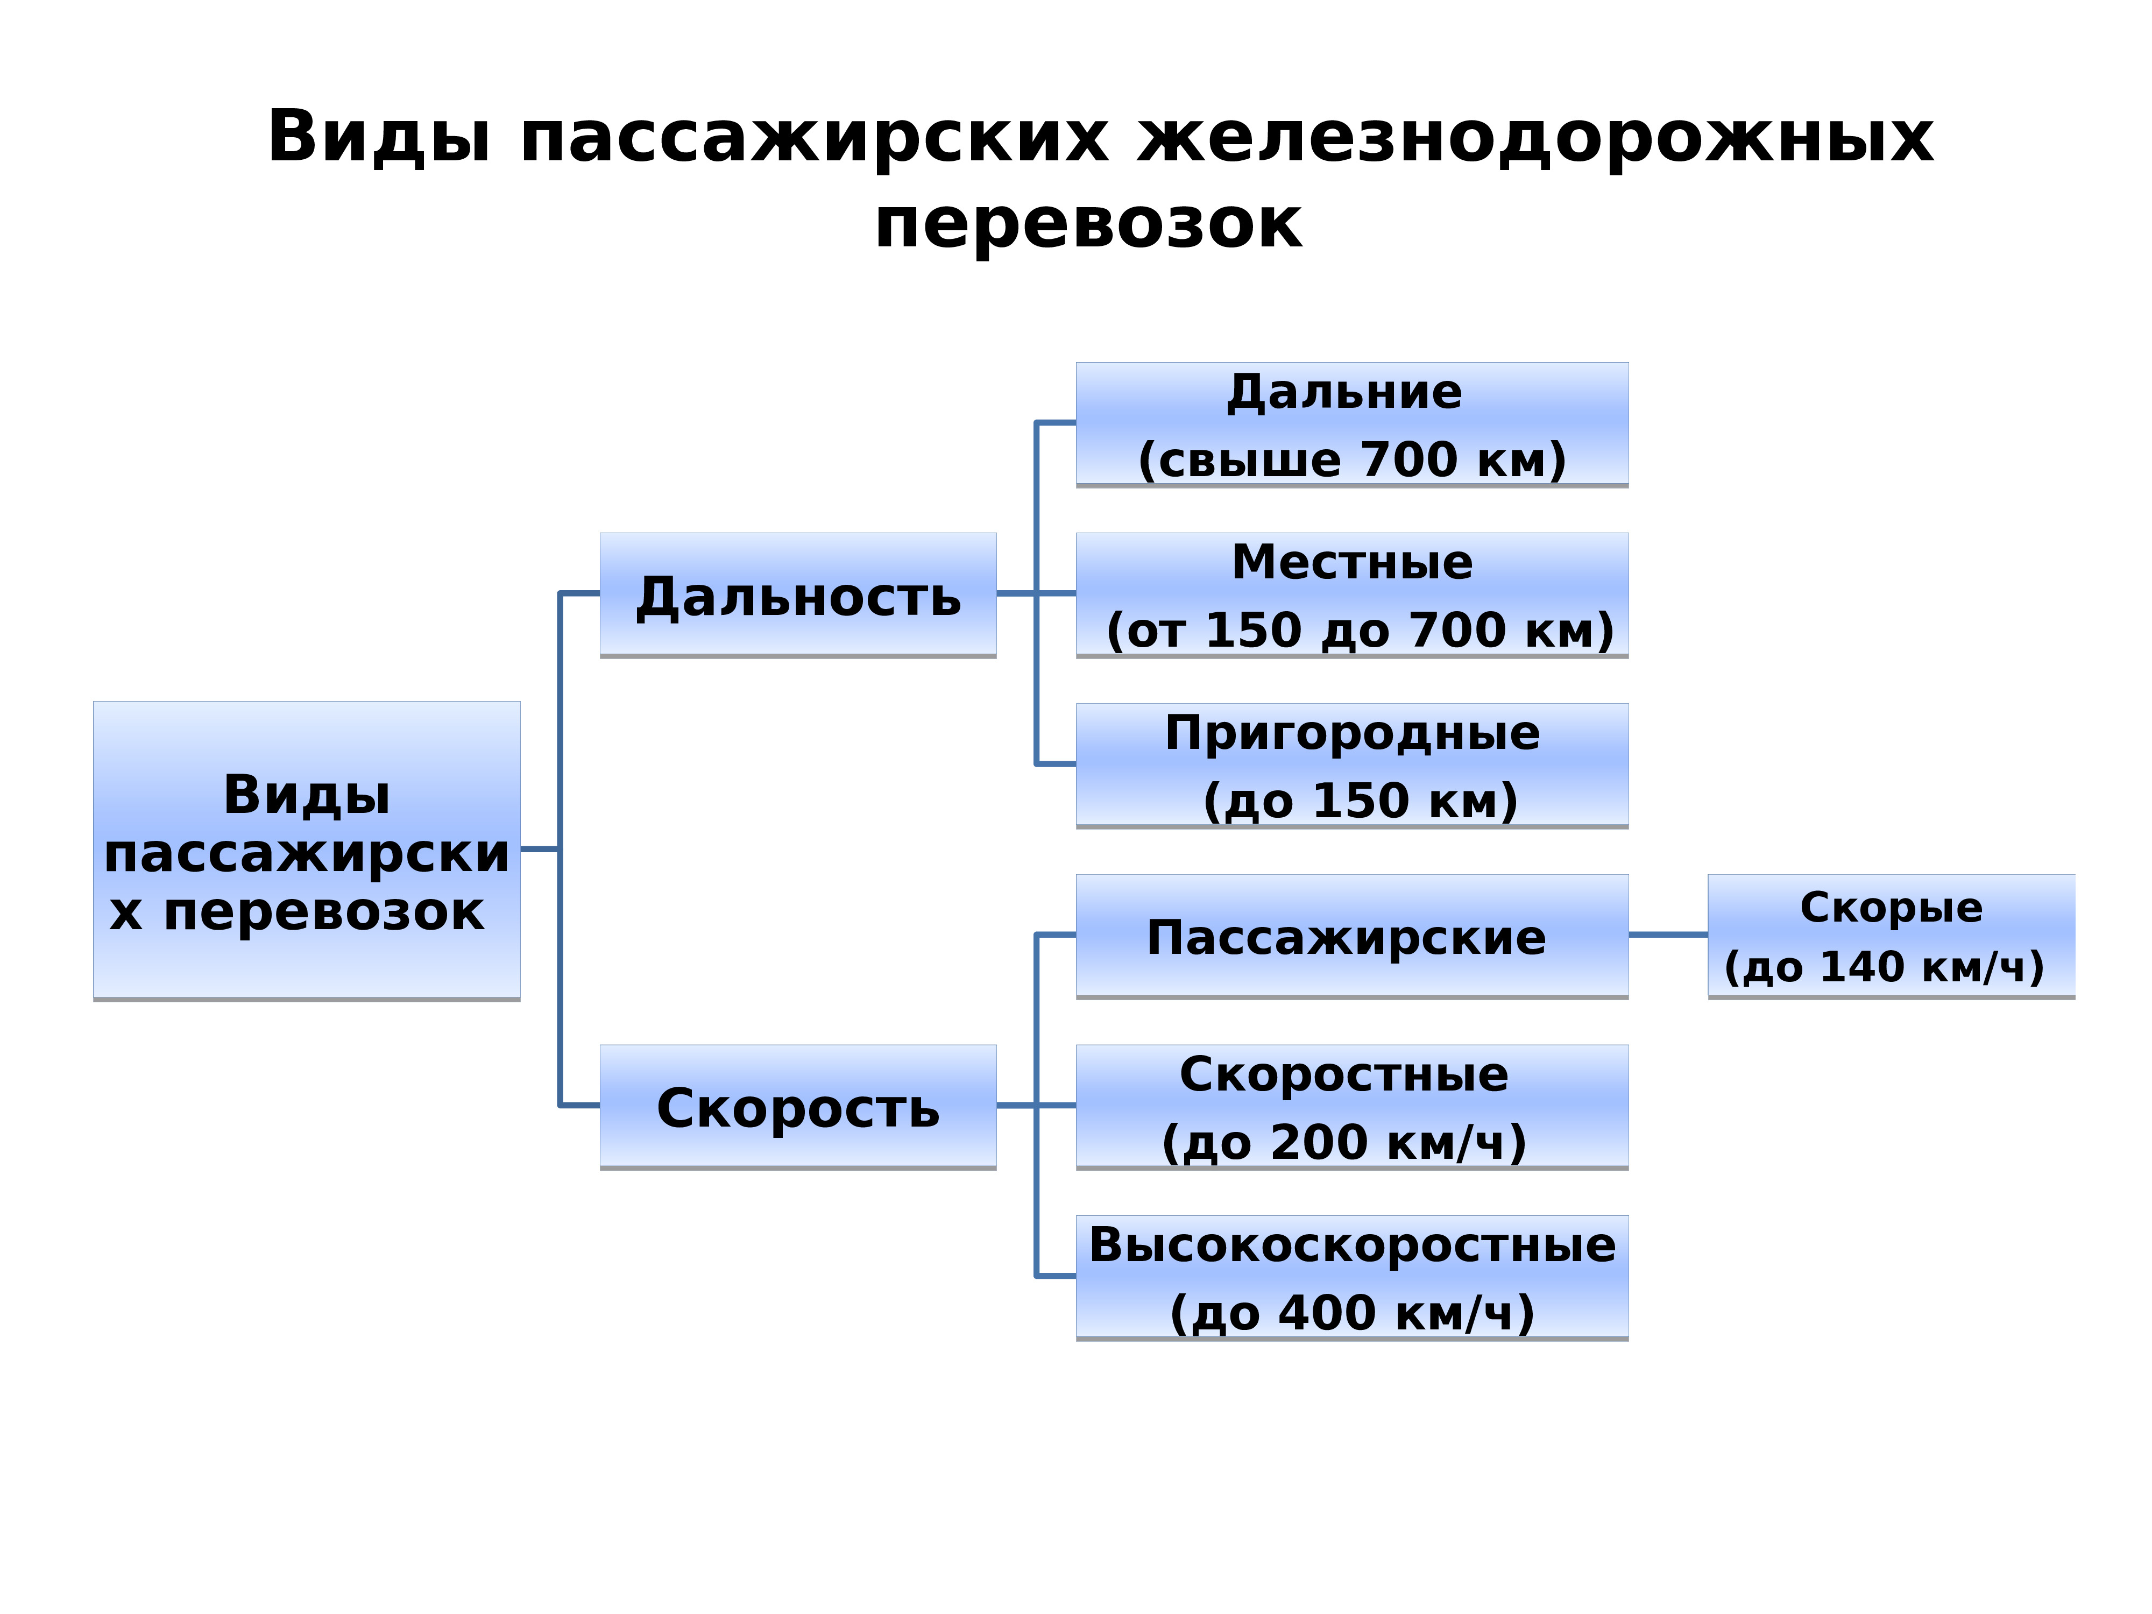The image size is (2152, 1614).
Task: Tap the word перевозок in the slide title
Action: click(x=1088, y=225)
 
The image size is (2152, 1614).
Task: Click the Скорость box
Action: click(x=798, y=1107)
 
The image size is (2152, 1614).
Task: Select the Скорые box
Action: click(x=1891, y=936)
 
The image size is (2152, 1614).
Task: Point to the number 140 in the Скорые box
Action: click(x=1862, y=967)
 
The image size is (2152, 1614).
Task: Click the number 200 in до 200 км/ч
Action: click(x=1319, y=1142)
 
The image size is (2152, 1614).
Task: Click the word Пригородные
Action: click(x=1353, y=733)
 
